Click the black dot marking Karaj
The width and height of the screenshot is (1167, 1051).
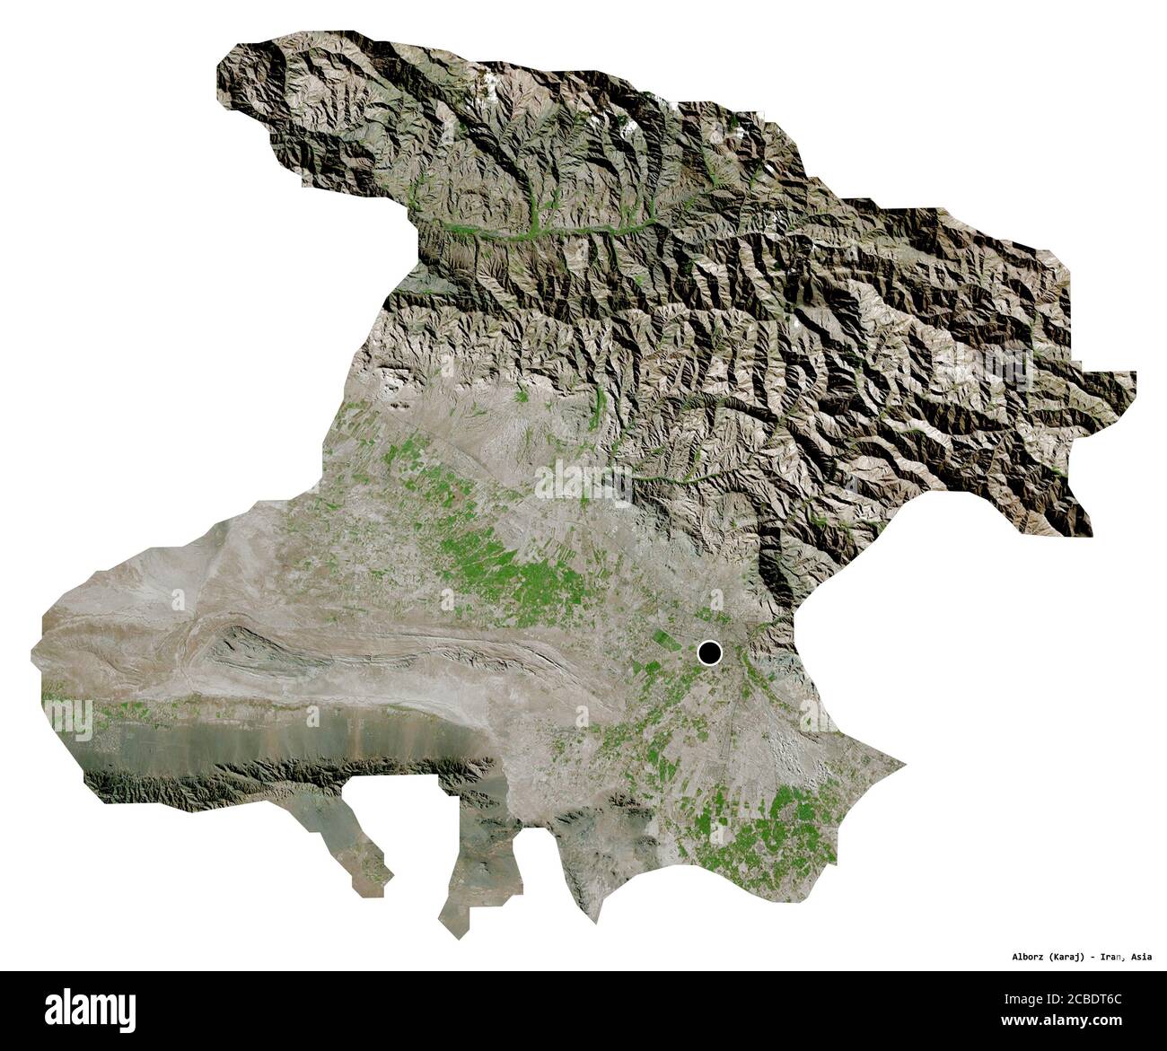(x=710, y=652)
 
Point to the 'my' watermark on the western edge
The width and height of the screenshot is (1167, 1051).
(x=66, y=718)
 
